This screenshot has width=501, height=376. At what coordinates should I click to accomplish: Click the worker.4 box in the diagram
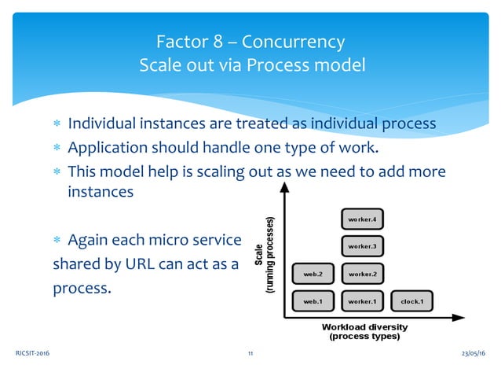coord(362,219)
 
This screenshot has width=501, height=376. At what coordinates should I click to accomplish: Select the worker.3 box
coord(362,246)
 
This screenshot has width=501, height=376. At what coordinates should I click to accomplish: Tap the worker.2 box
coord(362,274)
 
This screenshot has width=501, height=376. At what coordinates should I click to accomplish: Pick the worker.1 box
coord(362,300)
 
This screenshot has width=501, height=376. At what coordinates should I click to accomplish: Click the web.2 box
coord(313,274)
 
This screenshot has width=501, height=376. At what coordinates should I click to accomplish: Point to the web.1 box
coord(313,300)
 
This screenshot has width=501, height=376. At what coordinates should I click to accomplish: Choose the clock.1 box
coord(411,300)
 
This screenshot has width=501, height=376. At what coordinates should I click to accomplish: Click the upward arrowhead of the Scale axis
coord(284,189)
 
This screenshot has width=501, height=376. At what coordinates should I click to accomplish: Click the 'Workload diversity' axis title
coord(365,326)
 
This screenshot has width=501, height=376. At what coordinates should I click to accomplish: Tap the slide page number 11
coord(251,355)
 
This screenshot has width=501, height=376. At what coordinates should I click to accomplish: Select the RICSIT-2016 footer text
coord(31,355)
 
